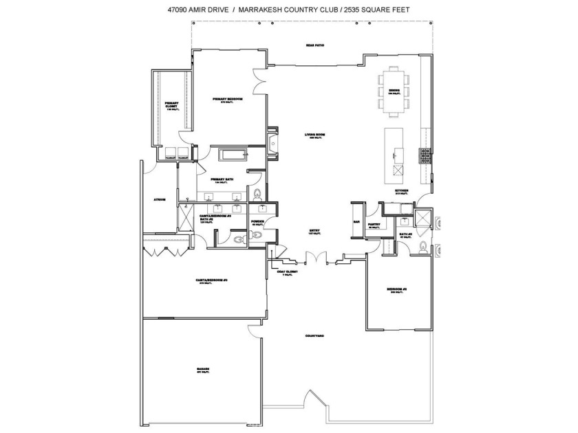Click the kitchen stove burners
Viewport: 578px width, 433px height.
[425, 156]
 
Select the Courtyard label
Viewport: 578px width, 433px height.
[315, 335]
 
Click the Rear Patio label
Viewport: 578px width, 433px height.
[315, 45]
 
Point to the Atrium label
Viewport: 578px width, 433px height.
[159, 200]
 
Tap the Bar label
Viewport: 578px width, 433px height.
[356, 222]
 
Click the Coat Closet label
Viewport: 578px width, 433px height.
[286, 271]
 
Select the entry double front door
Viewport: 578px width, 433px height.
[314, 260]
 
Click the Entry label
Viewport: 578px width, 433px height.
[315, 231]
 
